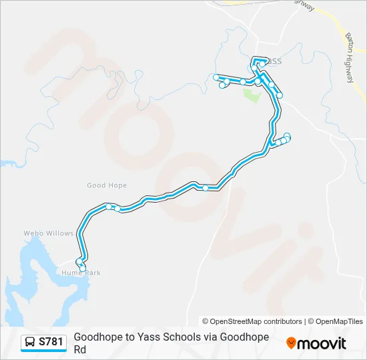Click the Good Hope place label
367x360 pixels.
[x=106, y=185]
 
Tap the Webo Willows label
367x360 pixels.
[x=48, y=233]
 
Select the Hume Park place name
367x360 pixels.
[x=81, y=273]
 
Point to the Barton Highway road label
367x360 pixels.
[x=350, y=57]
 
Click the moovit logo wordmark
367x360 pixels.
[x=322, y=343]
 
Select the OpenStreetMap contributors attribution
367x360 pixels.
[x=252, y=321]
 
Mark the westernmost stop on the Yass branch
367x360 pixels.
[x=216, y=78]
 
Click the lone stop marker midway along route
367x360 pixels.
[x=206, y=188]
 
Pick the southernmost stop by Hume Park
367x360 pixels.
[x=83, y=268]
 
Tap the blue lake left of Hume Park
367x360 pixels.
[x=33, y=267]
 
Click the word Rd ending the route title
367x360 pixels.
[x=80, y=349]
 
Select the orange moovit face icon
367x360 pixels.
[x=291, y=343]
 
